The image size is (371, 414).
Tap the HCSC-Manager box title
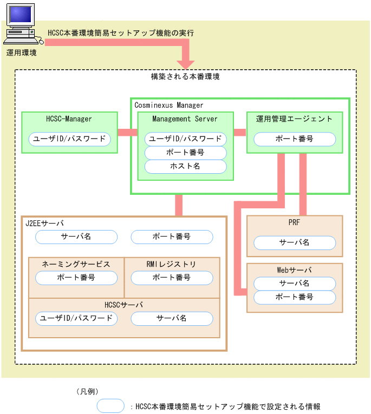click(x=69, y=119)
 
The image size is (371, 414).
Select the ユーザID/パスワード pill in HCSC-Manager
click(x=69, y=139)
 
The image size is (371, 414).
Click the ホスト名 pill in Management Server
click(x=185, y=166)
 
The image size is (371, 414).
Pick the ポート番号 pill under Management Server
click(x=185, y=153)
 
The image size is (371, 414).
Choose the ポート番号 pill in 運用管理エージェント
click(x=295, y=139)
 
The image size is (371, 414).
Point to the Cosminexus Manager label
click(x=169, y=105)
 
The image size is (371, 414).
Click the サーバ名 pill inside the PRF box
click(x=295, y=242)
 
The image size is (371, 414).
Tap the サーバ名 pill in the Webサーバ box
click(x=295, y=283)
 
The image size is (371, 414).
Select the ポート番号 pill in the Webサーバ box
click(x=295, y=297)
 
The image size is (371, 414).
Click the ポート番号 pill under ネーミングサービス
click(x=76, y=278)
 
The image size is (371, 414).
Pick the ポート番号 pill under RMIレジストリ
click(x=172, y=278)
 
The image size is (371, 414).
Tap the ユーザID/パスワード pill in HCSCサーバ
click(x=76, y=318)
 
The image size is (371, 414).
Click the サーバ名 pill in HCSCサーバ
click(x=172, y=318)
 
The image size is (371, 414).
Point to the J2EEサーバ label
click(x=44, y=222)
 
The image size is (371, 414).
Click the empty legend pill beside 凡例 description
click(x=111, y=405)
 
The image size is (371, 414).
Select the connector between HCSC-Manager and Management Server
click(x=127, y=132)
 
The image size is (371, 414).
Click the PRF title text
click(x=295, y=222)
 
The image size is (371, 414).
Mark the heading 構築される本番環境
click(x=185, y=77)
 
